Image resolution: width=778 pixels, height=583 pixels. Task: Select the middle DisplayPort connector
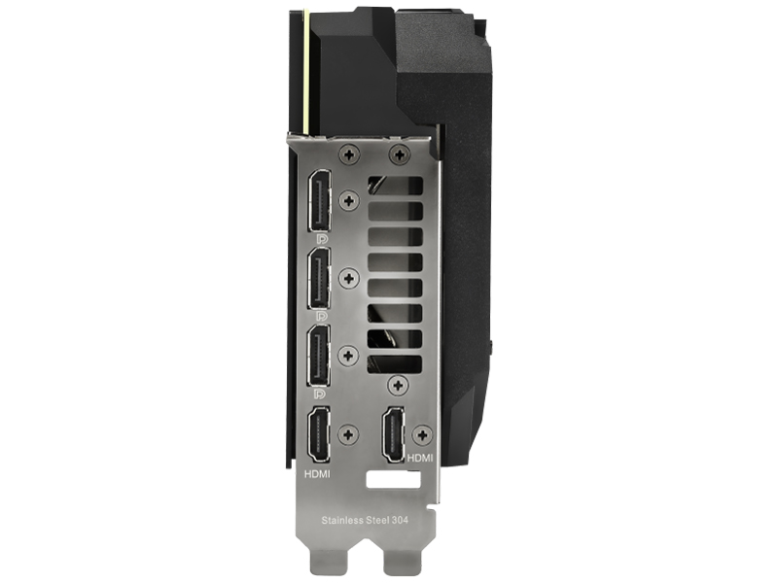[x=320, y=278]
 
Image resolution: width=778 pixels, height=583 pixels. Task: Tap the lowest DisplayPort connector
[x=320, y=356]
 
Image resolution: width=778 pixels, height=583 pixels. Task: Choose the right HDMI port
[x=393, y=434]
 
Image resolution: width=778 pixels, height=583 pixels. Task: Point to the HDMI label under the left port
[x=317, y=474]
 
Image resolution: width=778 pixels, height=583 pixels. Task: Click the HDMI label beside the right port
[x=420, y=458]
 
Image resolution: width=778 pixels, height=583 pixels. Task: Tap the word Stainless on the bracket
[x=342, y=520]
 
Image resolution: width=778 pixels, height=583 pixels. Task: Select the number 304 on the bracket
[x=400, y=520]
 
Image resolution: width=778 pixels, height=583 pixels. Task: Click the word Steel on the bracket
[x=377, y=520]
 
